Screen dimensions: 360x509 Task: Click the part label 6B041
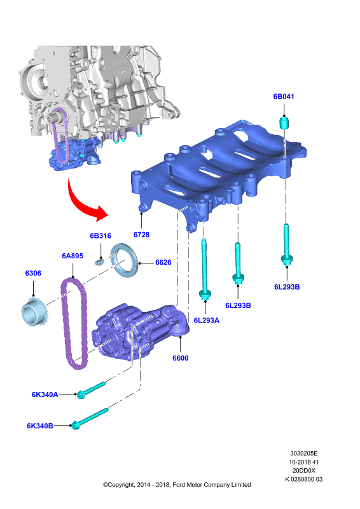pyautogui.click(x=284, y=97)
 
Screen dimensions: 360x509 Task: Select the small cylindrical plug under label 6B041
pyautogui.click(x=284, y=123)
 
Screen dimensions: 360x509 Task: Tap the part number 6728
pyautogui.click(x=142, y=234)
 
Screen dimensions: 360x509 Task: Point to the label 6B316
pyautogui.click(x=100, y=235)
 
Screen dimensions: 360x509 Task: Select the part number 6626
pyautogui.click(x=163, y=262)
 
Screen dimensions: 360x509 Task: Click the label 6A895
pyautogui.click(x=73, y=256)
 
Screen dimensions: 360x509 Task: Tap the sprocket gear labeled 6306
pyautogui.click(x=34, y=312)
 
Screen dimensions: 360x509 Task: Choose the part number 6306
pyautogui.click(x=33, y=273)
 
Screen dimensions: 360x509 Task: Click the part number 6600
pyautogui.click(x=181, y=358)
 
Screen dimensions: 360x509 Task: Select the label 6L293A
pyautogui.click(x=207, y=320)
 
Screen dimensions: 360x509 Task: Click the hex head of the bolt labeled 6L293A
pyautogui.click(x=205, y=295)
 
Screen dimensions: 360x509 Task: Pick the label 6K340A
pyautogui.click(x=45, y=394)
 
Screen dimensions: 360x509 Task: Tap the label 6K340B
pyautogui.click(x=40, y=426)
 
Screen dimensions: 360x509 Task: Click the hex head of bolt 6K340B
pyautogui.click(x=75, y=425)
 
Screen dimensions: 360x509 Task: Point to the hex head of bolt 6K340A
pyautogui.click(x=81, y=394)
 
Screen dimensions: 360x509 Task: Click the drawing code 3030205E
pyautogui.click(x=304, y=453)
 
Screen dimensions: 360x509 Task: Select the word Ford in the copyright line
pyautogui.click(x=179, y=485)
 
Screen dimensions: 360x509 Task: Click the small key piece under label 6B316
pyautogui.click(x=99, y=261)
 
